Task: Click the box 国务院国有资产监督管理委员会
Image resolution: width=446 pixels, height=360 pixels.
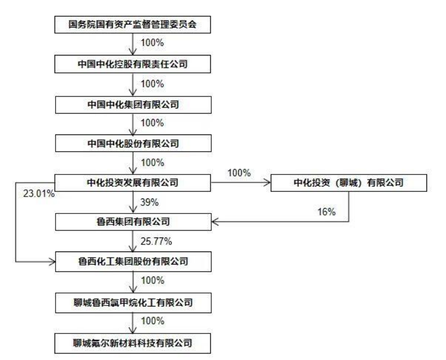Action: coord(133,24)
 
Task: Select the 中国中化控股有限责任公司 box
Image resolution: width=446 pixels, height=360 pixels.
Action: coord(133,64)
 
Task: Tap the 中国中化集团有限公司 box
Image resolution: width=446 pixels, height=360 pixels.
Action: coord(133,105)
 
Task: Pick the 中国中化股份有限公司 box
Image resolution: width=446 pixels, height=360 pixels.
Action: coord(133,143)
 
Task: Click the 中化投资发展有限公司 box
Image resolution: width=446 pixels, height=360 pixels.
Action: coord(133,182)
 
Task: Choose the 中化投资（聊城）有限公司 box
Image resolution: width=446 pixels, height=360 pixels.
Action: coord(349,182)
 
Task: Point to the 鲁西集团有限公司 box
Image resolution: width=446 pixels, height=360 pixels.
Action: coord(133,221)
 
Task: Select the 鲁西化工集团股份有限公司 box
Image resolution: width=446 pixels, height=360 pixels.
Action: coord(133,261)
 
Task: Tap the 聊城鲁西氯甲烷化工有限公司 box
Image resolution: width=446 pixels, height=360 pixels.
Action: coord(133,303)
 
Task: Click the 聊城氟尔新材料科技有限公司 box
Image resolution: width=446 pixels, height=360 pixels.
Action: coord(133,343)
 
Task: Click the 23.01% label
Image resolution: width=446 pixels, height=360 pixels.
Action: coord(39,194)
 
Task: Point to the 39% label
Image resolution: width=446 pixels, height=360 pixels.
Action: coord(149,202)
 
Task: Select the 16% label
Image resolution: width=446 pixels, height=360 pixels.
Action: coord(326,211)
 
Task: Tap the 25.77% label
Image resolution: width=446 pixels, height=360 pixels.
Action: coord(156,241)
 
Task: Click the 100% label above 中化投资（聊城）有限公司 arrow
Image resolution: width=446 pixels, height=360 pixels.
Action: coord(239,173)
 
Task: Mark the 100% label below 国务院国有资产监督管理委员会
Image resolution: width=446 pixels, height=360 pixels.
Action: coord(153,43)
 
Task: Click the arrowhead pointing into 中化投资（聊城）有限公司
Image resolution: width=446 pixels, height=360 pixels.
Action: coord(267,182)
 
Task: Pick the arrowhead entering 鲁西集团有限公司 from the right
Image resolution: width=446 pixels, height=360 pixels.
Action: coord(215,221)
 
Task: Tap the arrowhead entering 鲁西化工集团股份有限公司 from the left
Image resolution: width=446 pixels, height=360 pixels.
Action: coord(52,261)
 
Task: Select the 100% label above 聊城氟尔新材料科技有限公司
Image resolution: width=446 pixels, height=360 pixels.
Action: coord(153,321)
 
